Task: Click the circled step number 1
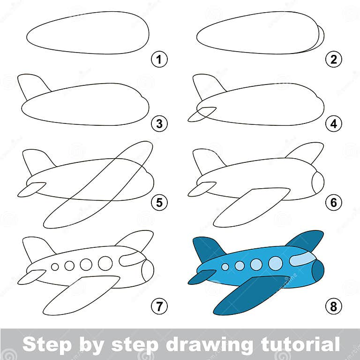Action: [x=159, y=60]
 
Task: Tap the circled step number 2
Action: [x=334, y=60]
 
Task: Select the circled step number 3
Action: [x=159, y=124]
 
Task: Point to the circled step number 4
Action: [x=334, y=124]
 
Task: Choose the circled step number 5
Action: [x=159, y=202]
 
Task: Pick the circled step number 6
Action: [x=334, y=202]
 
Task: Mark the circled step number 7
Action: [x=159, y=306]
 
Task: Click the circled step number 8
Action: [x=334, y=306]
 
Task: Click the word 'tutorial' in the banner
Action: [x=294, y=344]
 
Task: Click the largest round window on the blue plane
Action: [x=276, y=263]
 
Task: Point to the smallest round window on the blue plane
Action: [x=225, y=267]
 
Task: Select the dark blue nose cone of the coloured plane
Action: [x=319, y=270]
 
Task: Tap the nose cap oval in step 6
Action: [x=318, y=182]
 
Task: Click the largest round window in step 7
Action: [x=105, y=263]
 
